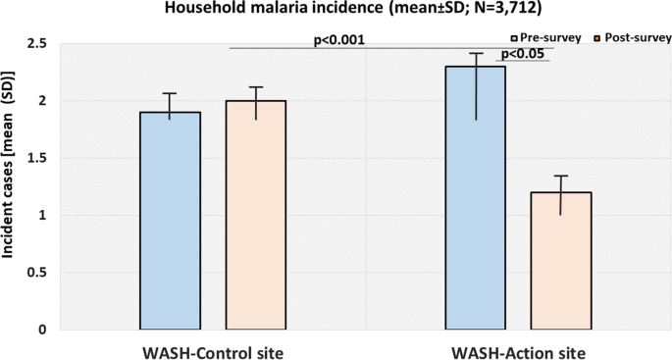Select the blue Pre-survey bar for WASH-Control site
point(170,221)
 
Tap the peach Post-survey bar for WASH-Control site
point(256,215)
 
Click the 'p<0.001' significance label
point(338,40)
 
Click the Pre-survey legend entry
point(542,37)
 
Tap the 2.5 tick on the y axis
point(36,44)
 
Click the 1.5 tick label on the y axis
point(36,158)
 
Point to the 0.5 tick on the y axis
point(36,273)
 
